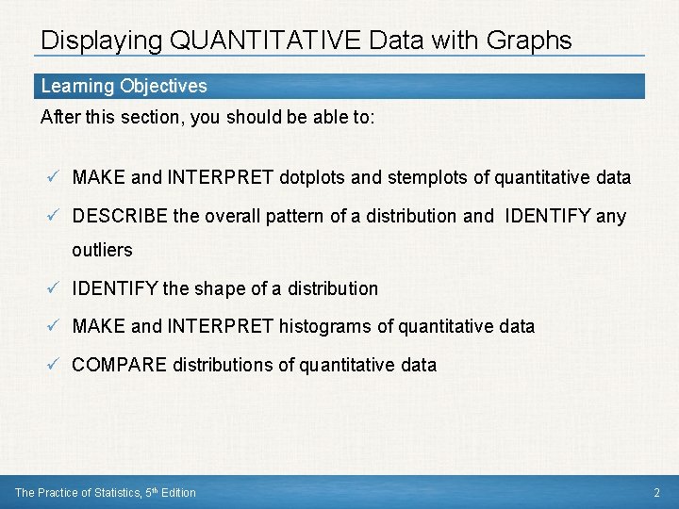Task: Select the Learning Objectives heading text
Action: (124, 87)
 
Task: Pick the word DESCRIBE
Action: (121, 216)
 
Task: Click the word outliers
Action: (102, 251)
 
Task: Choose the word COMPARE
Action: (121, 365)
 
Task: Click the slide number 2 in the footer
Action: (656, 493)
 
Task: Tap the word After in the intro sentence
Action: (59, 118)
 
